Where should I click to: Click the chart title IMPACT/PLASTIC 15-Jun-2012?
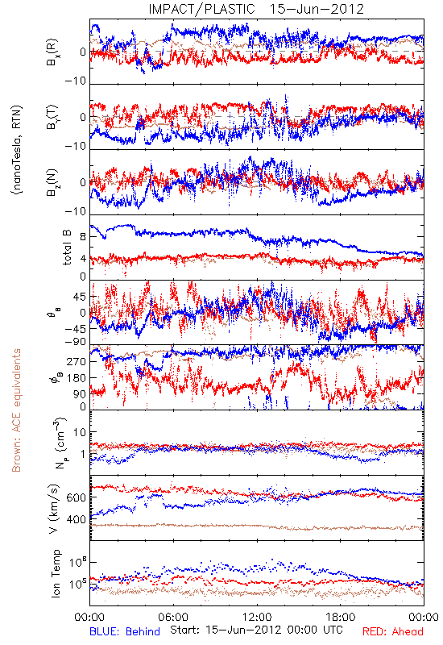tap(256, 9)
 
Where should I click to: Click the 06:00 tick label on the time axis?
tap(173, 618)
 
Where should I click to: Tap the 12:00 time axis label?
tap(257, 618)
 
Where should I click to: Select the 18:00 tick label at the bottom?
tap(341, 618)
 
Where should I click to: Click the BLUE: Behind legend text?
tap(125, 632)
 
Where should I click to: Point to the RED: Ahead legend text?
tap(392, 632)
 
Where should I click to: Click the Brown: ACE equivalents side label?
tap(16, 410)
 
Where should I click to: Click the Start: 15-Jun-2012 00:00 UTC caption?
tap(256, 630)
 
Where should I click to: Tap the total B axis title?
tap(67, 248)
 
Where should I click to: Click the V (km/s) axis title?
tap(54, 509)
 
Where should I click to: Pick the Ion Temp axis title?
tap(56, 573)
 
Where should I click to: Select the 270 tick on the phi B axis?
tap(77, 361)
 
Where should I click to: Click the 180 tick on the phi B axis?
tap(77, 378)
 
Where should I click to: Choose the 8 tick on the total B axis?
tap(83, 237)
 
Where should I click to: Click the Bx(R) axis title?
tap(52, 52)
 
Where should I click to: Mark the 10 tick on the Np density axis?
tap(80, 433)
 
